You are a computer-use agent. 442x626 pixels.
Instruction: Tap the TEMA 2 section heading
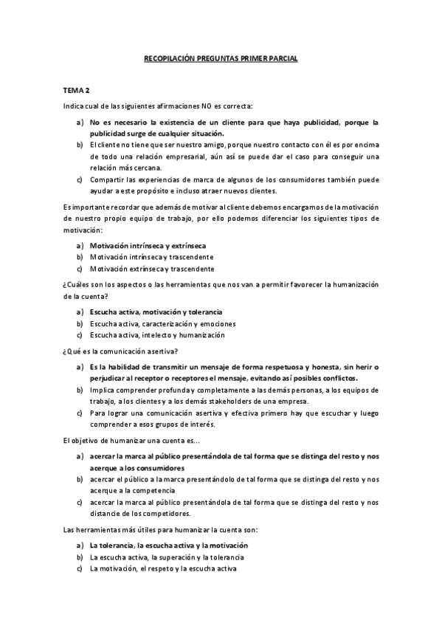[x=77, y=91]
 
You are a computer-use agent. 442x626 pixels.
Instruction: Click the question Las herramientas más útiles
[x=148, y=530]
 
